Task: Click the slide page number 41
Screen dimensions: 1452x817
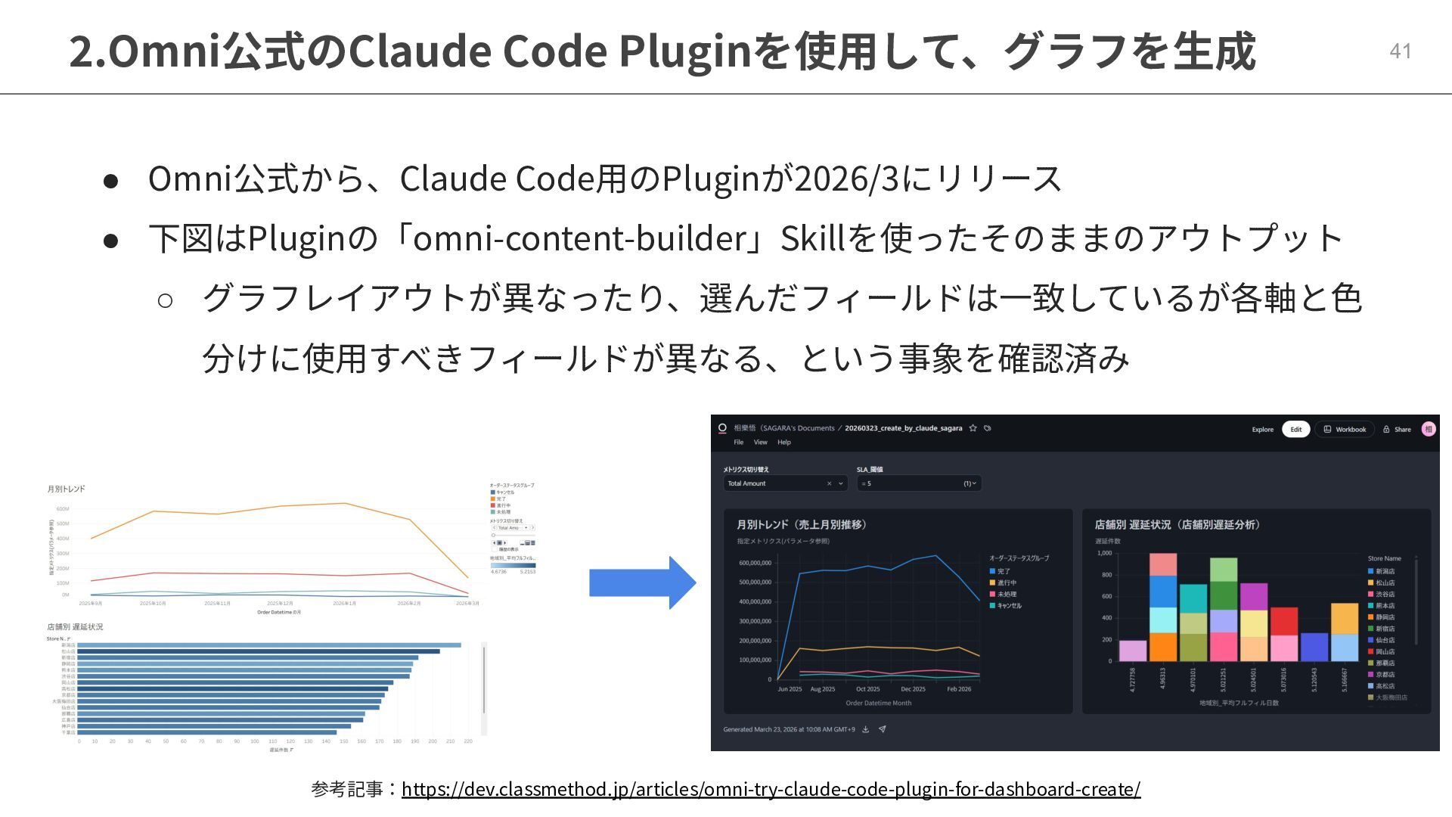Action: [1400, 51]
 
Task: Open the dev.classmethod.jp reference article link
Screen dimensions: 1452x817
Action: [771, 789]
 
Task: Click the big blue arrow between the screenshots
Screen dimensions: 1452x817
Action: [642, 582]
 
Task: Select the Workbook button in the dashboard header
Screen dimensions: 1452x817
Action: [1345, 429]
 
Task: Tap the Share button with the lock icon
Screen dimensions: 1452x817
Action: [1397, 429]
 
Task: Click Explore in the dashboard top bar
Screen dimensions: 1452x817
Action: [1262, 429]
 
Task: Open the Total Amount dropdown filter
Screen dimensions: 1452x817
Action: [784, 483]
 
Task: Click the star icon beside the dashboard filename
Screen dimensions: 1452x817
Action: [973, 428]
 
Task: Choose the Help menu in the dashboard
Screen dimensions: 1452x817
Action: [784, 443]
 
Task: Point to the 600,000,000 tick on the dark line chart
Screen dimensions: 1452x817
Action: [755, 563]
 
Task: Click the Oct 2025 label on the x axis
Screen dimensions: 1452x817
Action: [867, 689]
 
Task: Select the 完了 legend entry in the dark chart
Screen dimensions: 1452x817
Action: [1004, 571]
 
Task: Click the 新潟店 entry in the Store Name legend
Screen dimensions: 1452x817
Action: [1385, 571]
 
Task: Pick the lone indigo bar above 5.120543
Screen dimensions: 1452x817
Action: [1314, 647]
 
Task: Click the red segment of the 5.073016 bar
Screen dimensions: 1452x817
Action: [1284, 621]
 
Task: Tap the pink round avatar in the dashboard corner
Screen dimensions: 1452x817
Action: [1428, 429]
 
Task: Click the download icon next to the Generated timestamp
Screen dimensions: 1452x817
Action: [866, 729]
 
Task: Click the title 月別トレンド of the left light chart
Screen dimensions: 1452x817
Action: [67, 489]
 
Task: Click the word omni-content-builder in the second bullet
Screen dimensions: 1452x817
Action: [579, 238]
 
